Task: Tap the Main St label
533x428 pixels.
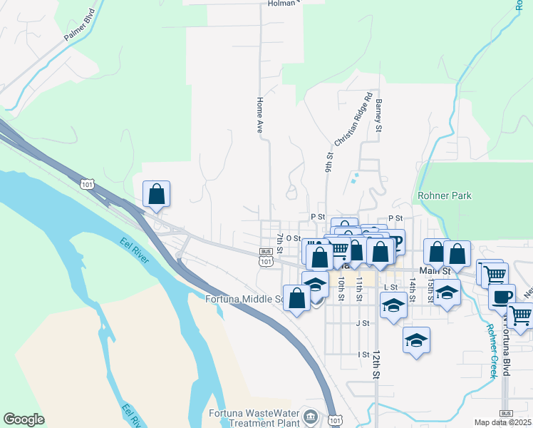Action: coord(436,271)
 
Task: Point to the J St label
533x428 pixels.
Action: coord(363,323)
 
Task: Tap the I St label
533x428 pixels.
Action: coord(364,354)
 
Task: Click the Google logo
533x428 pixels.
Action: coord(24,419)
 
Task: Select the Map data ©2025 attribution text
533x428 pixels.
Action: coord(503,422)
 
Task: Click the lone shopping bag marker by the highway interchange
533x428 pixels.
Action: coord(157,193)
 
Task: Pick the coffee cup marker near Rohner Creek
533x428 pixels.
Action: coord(502,296)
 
